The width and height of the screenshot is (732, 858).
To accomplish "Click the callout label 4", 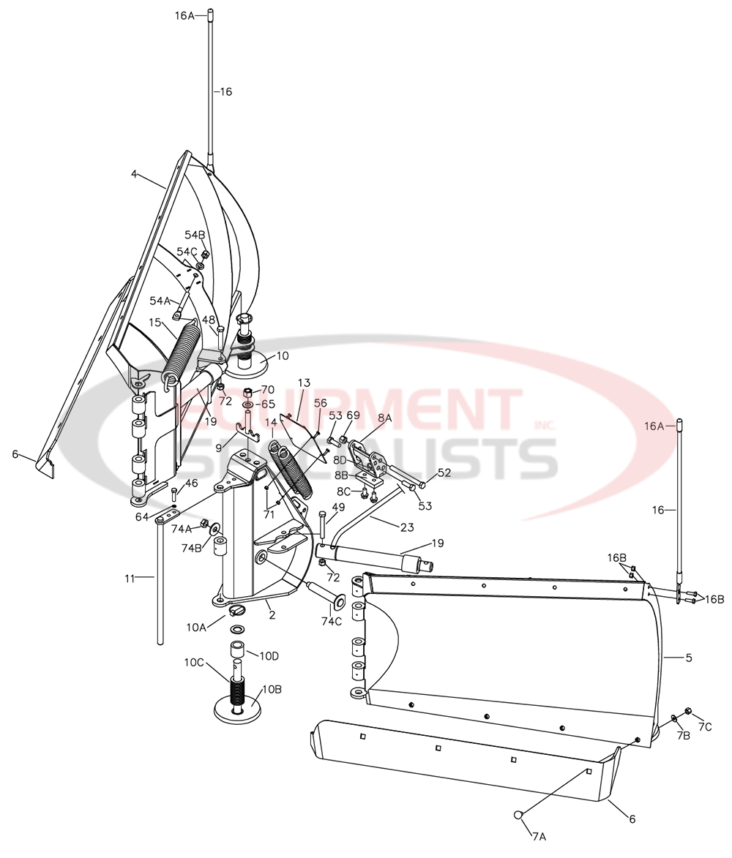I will (x=135, y=174).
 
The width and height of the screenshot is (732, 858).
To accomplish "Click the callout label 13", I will (x=304, y=383).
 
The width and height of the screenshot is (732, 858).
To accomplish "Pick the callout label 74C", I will (x=331, y=621).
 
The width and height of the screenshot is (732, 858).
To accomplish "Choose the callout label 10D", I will (x=269, y=655).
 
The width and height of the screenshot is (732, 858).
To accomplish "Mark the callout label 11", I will (x=130, y=578).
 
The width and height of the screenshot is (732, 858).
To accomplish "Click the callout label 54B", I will (x=195, y=235).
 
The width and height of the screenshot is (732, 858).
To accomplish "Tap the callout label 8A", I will (x=385, y=418).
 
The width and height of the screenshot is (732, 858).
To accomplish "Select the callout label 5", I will (x=689, y=658).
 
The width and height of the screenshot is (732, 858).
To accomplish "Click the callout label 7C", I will (x=704, y=726).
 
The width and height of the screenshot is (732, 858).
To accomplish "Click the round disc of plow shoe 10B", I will (x=239, y=710).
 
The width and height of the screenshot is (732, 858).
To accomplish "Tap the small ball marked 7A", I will (x=518, y=815).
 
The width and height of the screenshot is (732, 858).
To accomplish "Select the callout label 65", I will (x=268, y=404).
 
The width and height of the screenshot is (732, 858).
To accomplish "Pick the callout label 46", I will (x=191, y=483).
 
